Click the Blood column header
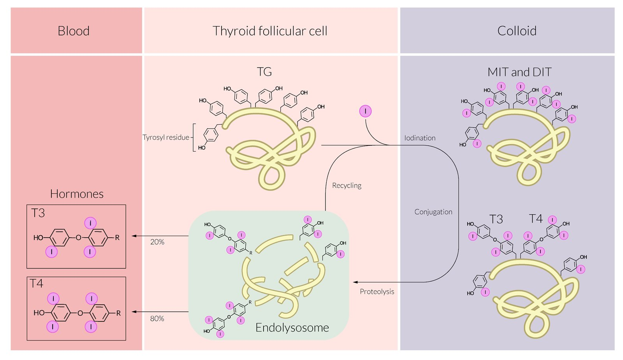pos(74,31)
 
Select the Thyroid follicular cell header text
pos(270,31)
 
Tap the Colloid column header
pos(517,31)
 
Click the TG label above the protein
pos(264,72)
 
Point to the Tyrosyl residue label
pos(166,137)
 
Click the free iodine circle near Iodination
pos(365,111)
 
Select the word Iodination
pos(420,138)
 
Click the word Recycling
pos(347,185)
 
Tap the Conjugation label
pos(433,212)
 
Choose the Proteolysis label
pos(377,291)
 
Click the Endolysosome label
pos(292,328)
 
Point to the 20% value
pos(157,242)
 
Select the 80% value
pos(157,319)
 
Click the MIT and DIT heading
pos(519,72)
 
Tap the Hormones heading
pos(77,194)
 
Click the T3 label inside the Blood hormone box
pos(38,213)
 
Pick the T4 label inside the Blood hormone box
pos(37,283)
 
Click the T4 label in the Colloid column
pos(536,219)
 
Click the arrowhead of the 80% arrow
pos(134,312)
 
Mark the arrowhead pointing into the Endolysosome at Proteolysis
pos(355,282)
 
